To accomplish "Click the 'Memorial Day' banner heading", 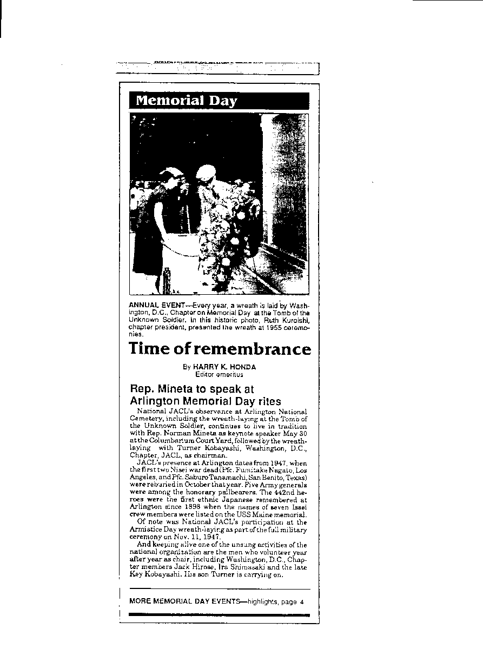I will pyautogui.click(x=186, y=101).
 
